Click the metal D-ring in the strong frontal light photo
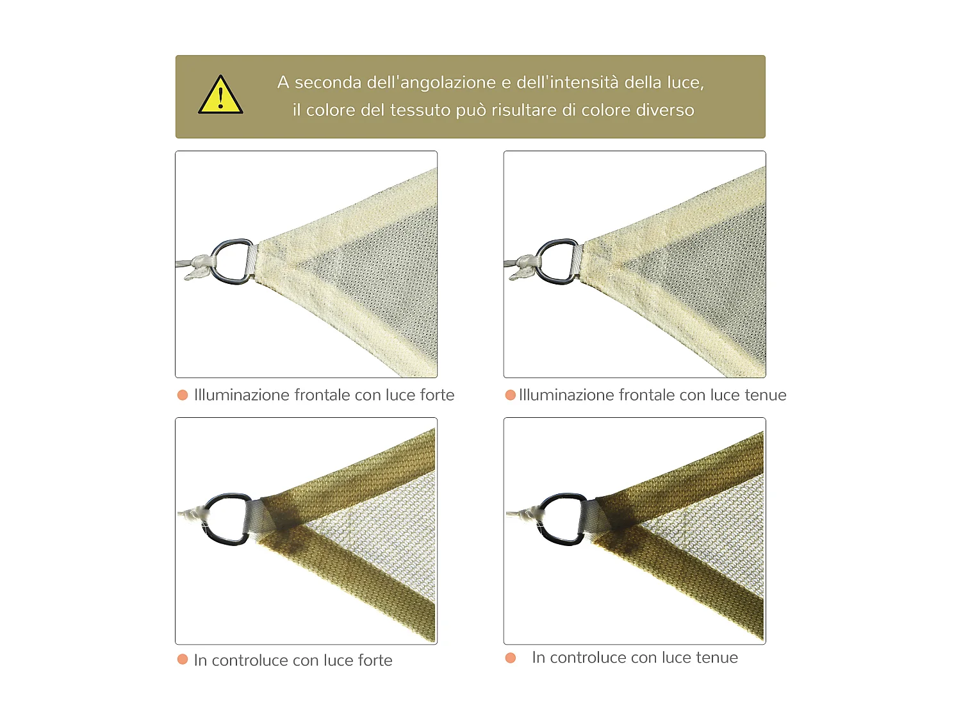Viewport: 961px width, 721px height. click(231, 261)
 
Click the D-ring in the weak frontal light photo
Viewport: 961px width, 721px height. click(557, 261)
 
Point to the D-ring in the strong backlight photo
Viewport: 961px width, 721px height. click(227, 518)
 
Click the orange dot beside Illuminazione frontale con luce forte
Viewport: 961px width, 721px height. click(183, 395)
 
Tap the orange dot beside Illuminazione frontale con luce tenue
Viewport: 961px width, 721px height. click(511, 395)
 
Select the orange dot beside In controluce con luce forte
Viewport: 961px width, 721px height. click(183, 659)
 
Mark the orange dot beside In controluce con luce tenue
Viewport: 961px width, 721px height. click(511, 658)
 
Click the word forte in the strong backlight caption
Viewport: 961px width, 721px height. click(375, 660)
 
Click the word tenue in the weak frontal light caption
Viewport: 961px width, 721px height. click(766, 395)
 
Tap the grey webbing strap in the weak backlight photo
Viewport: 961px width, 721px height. click(593, 517)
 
